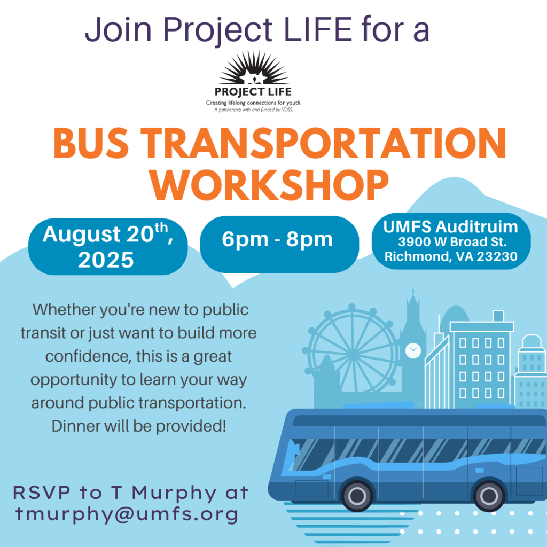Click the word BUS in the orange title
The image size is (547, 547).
(x=91, y=143)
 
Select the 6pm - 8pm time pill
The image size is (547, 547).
(x=279, y=244)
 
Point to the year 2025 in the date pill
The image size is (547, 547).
(x=106, y=260)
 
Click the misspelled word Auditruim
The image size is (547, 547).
(x=476, y=226)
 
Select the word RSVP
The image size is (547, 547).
(x=42, y=493)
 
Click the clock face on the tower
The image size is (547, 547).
(x=413, y=350)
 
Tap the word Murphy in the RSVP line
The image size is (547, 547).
(x=174, y=494)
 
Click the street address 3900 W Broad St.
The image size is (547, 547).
(x=452, y=242)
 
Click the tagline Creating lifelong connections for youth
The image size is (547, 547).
(x=254, y=103)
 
